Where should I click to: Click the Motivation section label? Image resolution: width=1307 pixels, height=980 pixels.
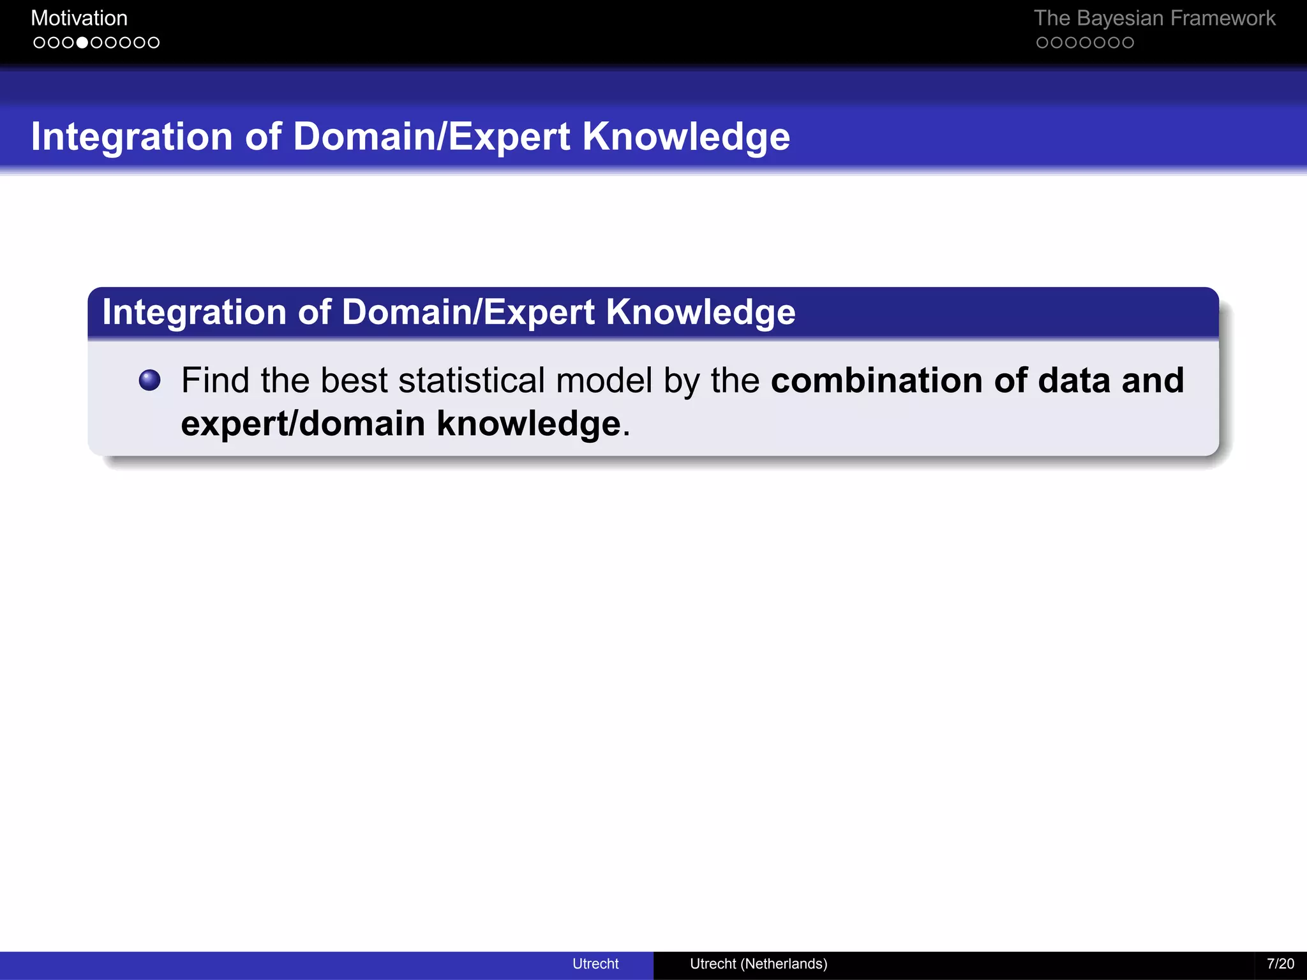coord(79,18)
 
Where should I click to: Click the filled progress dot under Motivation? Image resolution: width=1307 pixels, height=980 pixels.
coord(82,43)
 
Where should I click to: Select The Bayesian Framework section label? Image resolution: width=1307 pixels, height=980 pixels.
coord(1154,18)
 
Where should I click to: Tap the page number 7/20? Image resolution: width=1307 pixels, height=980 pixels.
coord(1280,963)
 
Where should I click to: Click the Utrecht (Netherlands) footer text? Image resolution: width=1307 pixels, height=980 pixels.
coord(758,963)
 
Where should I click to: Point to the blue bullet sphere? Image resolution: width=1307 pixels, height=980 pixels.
coord(150,380)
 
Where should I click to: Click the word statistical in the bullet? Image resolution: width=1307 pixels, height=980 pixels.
coord(472,380)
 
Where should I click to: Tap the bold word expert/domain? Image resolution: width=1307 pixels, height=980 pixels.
coord(303,424)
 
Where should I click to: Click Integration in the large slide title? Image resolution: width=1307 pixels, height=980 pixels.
coord(131,137)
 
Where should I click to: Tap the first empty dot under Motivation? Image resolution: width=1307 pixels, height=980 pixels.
coord(40,43)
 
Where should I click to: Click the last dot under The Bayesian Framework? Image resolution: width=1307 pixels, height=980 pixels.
coord(1128,43)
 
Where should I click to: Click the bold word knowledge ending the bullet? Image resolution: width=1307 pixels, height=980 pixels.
coord(528,424)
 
